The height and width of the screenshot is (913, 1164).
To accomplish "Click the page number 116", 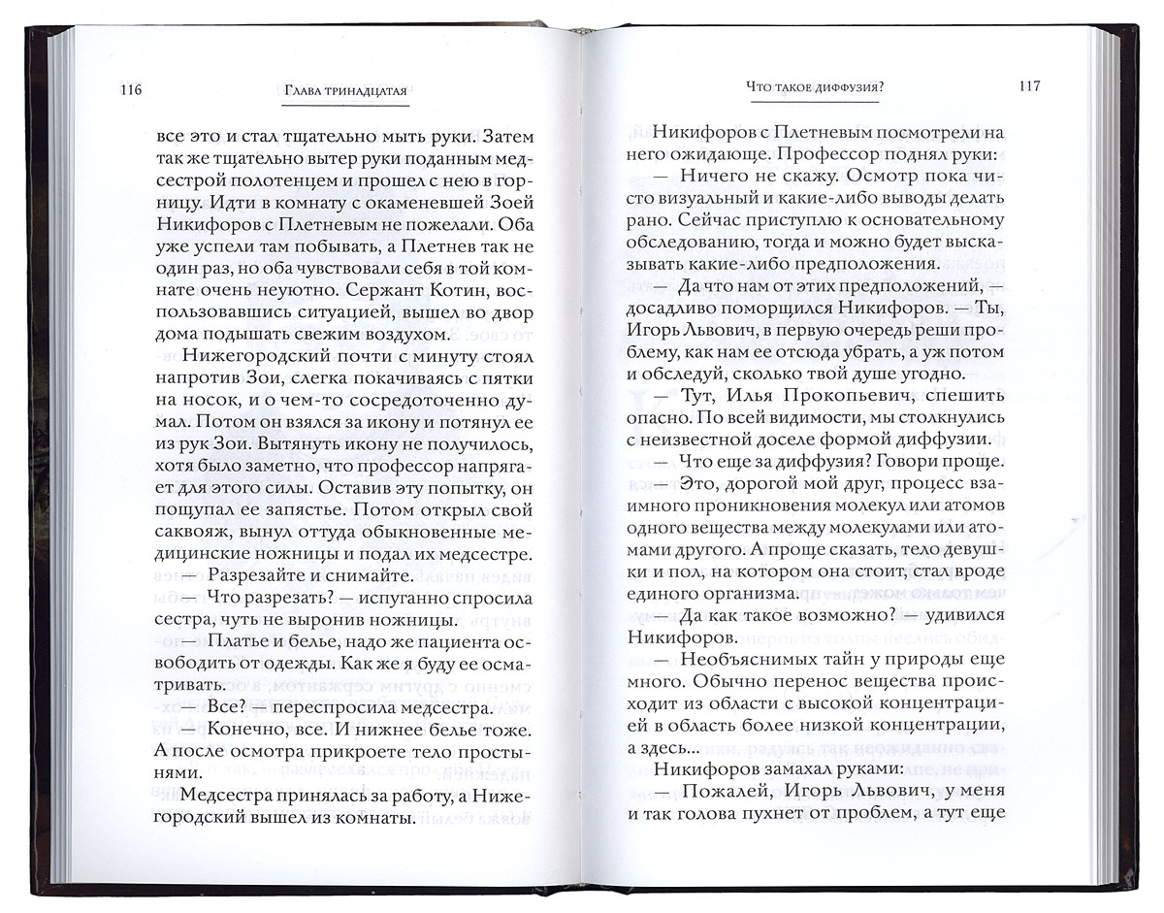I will [x=129, y=89].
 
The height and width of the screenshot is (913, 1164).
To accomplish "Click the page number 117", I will [x=1029, y=85].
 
